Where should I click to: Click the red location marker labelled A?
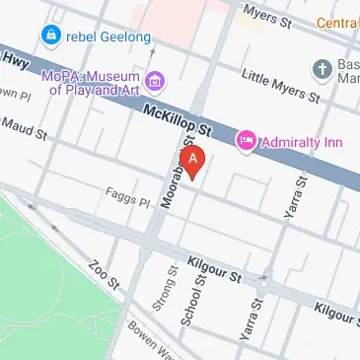193,159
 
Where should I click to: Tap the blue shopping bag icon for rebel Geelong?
49,36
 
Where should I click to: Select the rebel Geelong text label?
108,37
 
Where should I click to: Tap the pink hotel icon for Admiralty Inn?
245,142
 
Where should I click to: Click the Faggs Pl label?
128,201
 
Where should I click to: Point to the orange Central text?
337,22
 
